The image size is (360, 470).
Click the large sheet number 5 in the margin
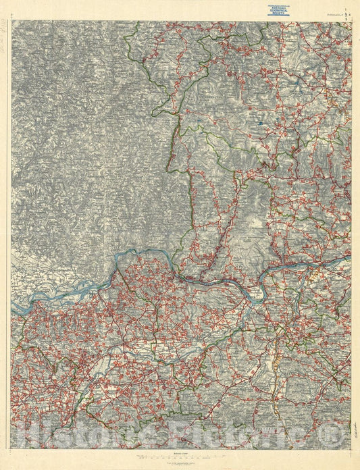[347, 11]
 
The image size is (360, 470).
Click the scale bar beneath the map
[180, 457]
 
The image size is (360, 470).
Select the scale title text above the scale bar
[180, 453]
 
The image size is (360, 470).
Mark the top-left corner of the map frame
[11, 21]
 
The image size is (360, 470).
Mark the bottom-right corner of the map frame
[351, 448]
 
